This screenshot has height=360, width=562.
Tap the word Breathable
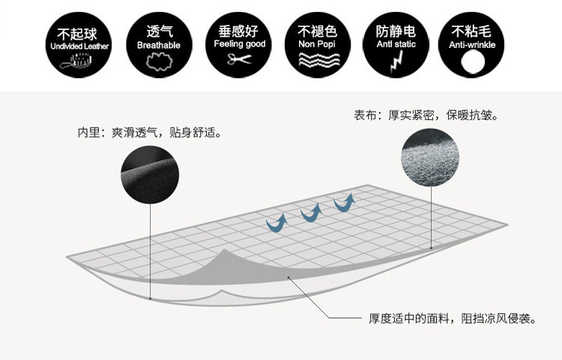pos(159,45)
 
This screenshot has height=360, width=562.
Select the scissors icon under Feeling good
pos(239,61)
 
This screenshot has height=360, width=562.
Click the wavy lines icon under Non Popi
pos(317,61)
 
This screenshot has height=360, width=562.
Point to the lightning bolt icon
pos(395,62)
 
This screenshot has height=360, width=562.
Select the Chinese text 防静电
pos(395,31)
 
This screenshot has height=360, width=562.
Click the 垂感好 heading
pos(239,31)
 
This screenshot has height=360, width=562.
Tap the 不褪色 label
pos(318,31)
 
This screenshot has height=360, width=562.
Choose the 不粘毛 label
pos(473,31)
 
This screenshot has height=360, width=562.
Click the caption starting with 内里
pos(150,133)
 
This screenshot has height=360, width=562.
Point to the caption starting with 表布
pos(426,116)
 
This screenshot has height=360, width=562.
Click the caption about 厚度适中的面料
pos(452,319)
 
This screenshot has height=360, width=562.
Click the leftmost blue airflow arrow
pos(277,223)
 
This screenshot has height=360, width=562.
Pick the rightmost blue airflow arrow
pos(344,202)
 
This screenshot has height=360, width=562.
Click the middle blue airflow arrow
pos(310,214)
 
